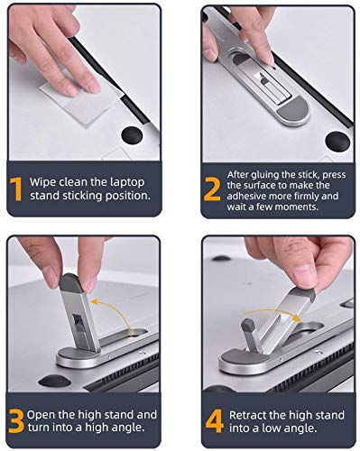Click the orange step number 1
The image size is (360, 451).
point(16,189)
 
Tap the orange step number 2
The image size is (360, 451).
point(212,189)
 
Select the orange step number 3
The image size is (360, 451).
point(16,421)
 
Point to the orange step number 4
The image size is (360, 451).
point(215,421)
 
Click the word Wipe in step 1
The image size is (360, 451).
point(42,182)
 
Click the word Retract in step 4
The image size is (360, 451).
point(247,415)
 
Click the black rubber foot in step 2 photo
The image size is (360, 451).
point(337,141)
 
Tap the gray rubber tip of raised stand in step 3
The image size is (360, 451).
point(71,283)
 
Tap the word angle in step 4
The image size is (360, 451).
point(300,428)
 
